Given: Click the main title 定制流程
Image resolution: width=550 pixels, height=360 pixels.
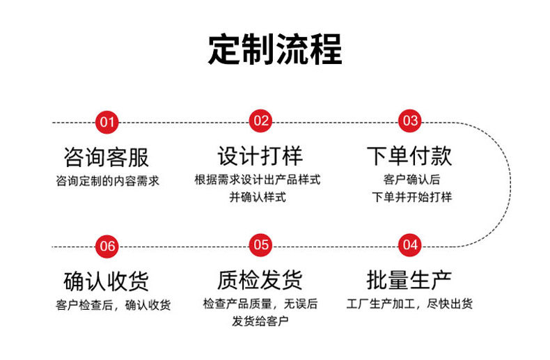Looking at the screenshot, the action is [x=275, y=49].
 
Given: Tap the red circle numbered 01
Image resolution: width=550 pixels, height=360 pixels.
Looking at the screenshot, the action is [x=107, y=123].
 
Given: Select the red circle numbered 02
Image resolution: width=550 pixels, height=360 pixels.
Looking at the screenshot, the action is [x=260, y=121].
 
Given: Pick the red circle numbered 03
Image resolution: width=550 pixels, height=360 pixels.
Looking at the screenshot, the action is [x=409, y=121].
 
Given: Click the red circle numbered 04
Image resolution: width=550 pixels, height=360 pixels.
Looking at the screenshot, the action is [x=409, y=245].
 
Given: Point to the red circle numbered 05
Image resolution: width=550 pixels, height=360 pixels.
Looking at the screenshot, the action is [x=260, y=245].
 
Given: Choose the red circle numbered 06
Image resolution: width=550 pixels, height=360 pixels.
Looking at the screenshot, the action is [x=107, y=246].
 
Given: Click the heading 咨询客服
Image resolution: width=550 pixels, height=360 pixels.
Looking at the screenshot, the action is [x=107, y=157].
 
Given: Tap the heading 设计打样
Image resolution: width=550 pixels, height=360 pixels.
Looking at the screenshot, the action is [x=260, y=156].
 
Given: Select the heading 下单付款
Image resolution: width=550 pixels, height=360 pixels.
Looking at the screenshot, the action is [x=409, y=156].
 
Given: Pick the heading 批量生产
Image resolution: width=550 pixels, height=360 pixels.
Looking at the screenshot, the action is [x=409, y=280].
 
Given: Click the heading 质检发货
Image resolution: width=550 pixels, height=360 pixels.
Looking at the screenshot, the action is [x=260, y=280].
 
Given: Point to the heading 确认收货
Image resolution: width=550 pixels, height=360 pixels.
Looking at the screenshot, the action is [x=107, y=281].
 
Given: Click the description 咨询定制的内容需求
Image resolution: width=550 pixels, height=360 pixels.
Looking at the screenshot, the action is [x=108, y=181].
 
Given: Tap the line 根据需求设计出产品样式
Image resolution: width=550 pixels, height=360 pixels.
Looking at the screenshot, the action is [x=258, y=180].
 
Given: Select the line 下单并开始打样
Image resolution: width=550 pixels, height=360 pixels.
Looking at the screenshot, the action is [x=411, y=197].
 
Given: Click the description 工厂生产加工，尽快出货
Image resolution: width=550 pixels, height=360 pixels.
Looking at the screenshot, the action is [x=409, y=304].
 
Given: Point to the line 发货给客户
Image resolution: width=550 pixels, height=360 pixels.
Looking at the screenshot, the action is [x=260, y=321].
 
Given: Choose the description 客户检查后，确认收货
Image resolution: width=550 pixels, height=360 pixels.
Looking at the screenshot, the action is [x=113, y=305].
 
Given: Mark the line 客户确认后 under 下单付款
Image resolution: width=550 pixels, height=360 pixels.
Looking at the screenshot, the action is [x=411, y=180].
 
